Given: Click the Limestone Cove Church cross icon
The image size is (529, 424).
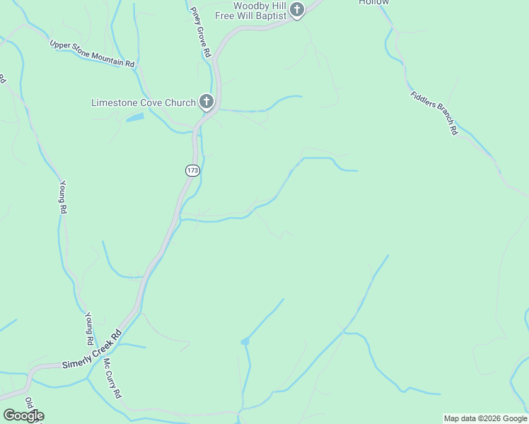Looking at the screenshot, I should (207, 102).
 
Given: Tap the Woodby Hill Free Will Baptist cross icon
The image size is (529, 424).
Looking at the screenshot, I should (298, 10).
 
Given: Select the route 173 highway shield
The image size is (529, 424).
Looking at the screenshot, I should (192, 170).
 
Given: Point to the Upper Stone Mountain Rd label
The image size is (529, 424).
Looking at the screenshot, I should (92, 54).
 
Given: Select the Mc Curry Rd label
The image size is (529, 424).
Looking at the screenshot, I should (112, 379).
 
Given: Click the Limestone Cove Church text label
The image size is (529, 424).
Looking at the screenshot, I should (143, 102).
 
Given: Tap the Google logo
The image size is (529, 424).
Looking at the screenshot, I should (23, 416).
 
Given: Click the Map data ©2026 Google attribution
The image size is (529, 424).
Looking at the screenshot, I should (484, 418).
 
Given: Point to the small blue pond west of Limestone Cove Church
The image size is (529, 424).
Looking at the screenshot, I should (135, 117).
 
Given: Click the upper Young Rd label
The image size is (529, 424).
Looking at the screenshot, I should (62, 196).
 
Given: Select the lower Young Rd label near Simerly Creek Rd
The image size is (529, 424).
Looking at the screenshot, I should (90, 329).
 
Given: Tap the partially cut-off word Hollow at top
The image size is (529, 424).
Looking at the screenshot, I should (373, 3).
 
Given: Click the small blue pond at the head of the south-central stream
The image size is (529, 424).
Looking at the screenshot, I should (245, 341).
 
